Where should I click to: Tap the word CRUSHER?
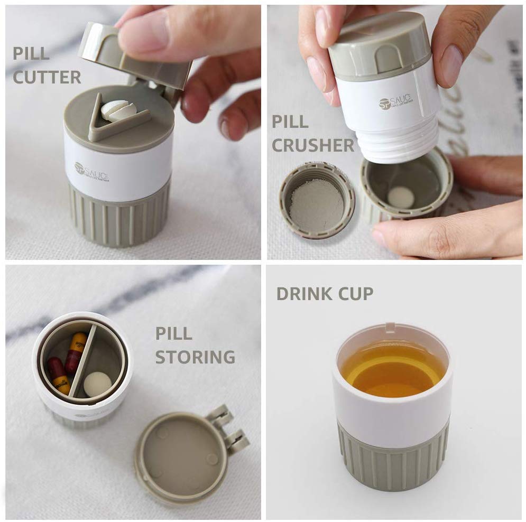coord(313,145)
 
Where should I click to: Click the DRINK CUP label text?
coord(325,293)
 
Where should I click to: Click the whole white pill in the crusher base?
coord(401,197)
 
